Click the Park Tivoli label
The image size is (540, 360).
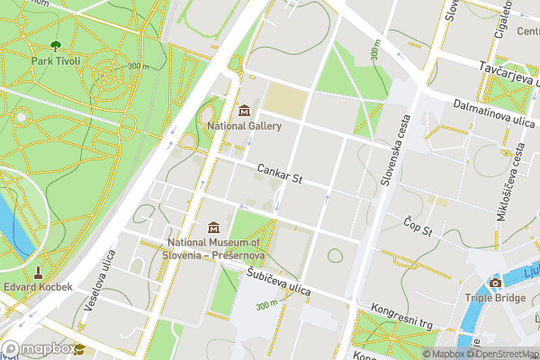point(56,61)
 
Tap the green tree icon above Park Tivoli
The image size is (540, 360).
point(56,45)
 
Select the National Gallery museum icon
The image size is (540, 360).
point(244,111)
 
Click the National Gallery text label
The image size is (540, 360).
point(244,127)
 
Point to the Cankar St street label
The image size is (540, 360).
point(278,174)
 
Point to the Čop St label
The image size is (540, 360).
point(418,226)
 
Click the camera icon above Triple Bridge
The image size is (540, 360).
point(495,283)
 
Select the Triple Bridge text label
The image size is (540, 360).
point(495,299)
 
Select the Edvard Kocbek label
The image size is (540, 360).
point(38,288)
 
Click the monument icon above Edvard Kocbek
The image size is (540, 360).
point(38,271)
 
